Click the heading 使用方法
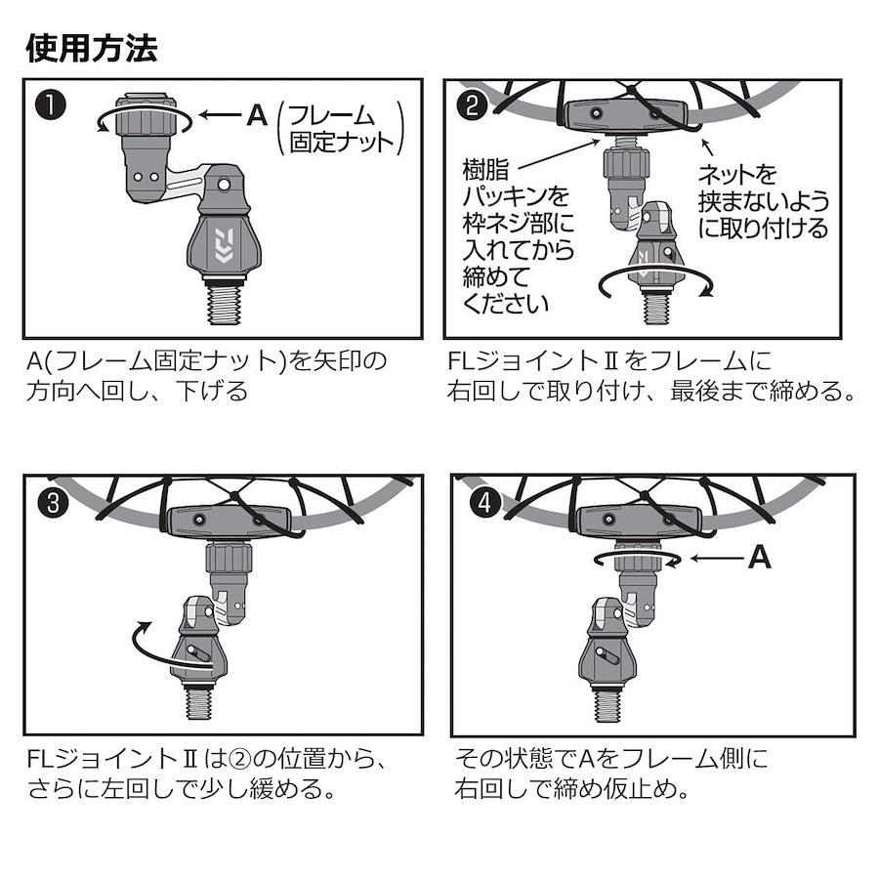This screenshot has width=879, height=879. click(92, 48)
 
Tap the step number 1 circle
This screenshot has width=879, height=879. click(50, 105)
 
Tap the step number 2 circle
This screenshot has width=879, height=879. click(472, 105)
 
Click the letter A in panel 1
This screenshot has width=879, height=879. click(257, 115)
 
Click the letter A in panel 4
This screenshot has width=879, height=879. click(760, 558)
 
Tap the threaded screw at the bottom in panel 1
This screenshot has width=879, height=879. click(224, 304)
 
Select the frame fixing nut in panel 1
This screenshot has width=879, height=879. click(146, 114)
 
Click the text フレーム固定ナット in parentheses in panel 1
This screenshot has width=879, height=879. click(341, 128)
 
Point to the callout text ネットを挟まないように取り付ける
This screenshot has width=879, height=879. click(763, 200)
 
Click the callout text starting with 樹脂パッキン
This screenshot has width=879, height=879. click(518, 236)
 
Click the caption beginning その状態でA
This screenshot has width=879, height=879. click(610, 774)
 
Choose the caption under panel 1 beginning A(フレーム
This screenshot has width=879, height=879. click(206, 376)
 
